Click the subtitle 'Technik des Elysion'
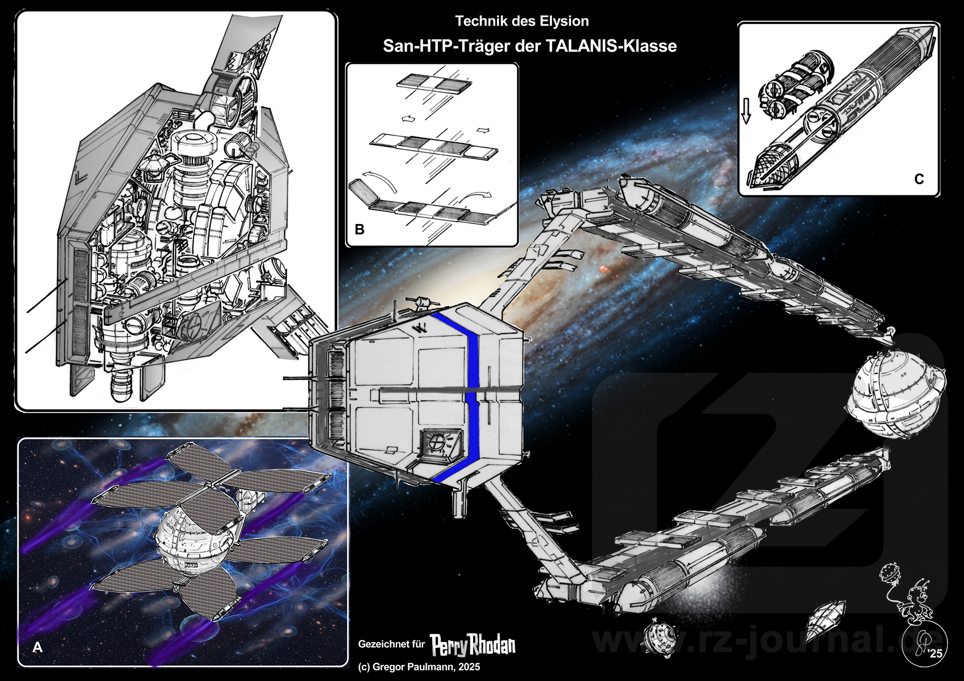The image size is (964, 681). (522, 21)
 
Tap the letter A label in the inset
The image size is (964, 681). (37, 648)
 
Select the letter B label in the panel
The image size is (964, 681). (359, 230)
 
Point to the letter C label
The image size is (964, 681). (919, 179)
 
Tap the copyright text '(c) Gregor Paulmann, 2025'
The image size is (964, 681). (419, 667)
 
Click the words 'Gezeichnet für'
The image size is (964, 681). (391, 644)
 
